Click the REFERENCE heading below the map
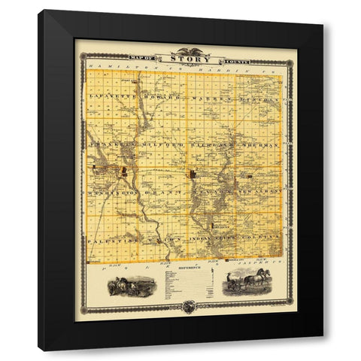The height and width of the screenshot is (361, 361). [x=184, y=268]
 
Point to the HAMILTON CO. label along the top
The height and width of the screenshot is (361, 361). [x=113, y=68]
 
